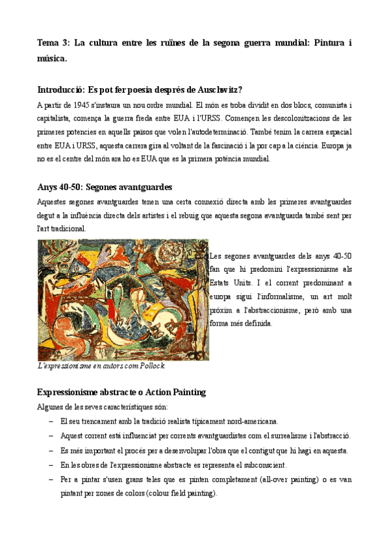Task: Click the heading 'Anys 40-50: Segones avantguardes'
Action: click(x=105, y=187)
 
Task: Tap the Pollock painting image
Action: click(x=123, y=299)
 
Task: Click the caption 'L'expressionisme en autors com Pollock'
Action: click(x=101, y=366)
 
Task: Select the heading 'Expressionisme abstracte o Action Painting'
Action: click(x=121, y=392)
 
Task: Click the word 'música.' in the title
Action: click(x=52, y=58)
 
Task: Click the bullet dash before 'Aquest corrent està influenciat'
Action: click(x=51, y=436)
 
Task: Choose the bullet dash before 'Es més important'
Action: click(x=51, y=451)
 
